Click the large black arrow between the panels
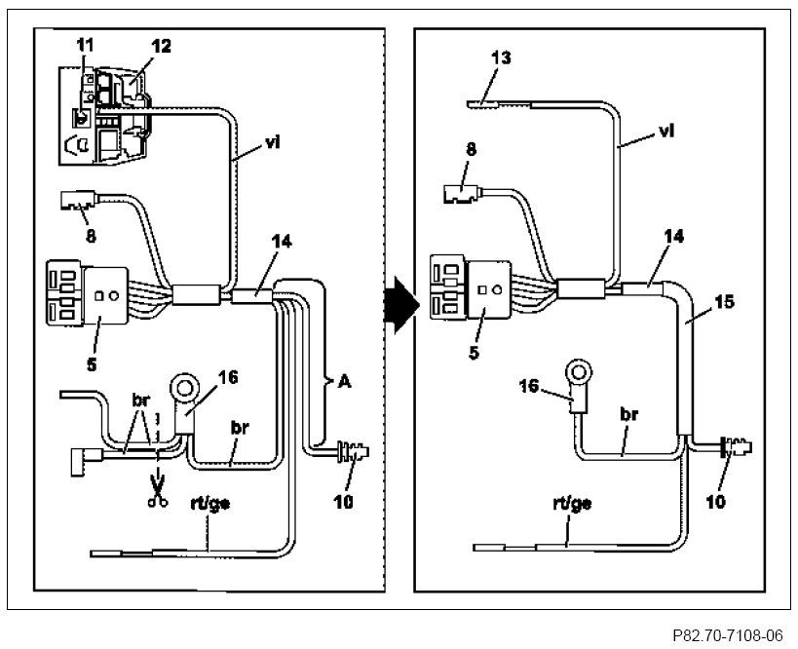[x=401, y=305]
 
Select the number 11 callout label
[x=86, y=45]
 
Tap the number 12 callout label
[x=161, y=47]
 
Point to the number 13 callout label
[x=501, y=57]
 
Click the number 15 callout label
[x=725, y=302]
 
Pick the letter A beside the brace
[x=345, y=381]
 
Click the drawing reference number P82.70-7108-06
[x=727, y=635]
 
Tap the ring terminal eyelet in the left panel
[x=184, y=390]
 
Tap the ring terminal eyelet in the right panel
[x=579, y=374]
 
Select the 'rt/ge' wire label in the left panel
[x=210, y=504]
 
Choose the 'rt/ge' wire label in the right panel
[x=572, y=504]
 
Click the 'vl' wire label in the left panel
[x=273, y=143]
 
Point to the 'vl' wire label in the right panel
[x=666, y=131]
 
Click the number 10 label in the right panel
[x=716, y=502]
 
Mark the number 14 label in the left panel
[x=282, y=241]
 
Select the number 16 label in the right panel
[x=529, y=385]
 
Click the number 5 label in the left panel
[x=92, y=364]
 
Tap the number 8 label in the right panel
[x=472, y=149]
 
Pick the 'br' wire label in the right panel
[x=629, y=414]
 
